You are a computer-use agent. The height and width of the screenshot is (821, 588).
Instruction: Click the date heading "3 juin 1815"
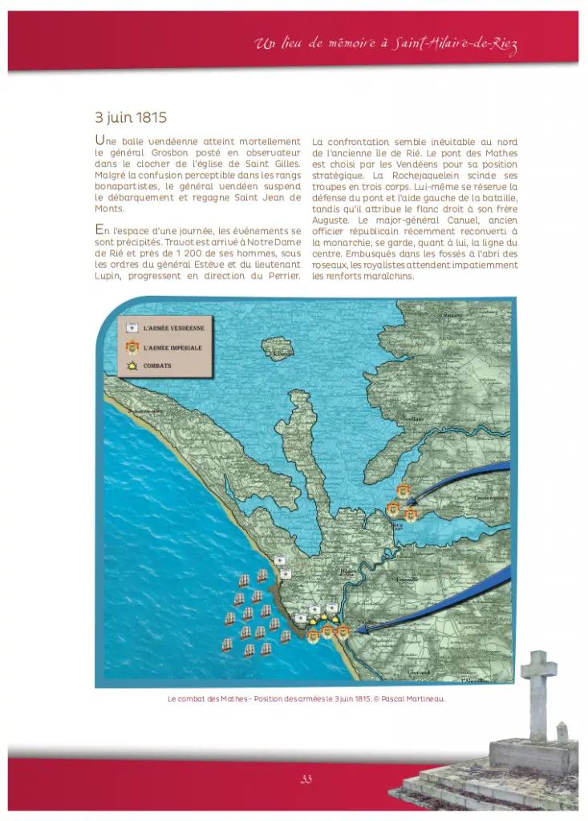(x=131, y=117)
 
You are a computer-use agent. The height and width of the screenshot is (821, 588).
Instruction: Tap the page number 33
(x=306, y=779)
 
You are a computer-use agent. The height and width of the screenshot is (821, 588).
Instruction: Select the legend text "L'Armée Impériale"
(x=172, y=348)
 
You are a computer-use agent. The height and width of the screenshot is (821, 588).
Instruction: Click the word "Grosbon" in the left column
(x=158, y=152)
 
